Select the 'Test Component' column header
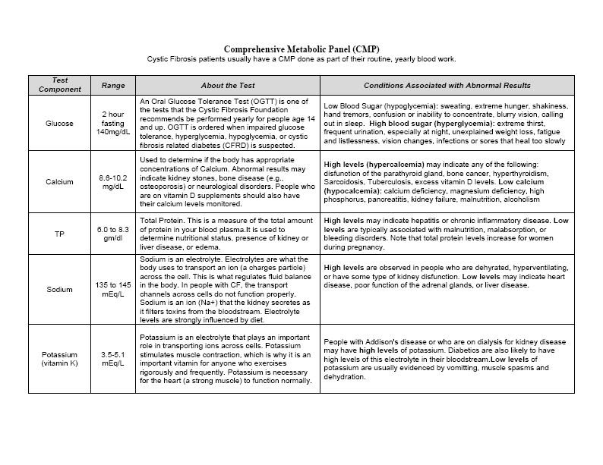pos(59,85)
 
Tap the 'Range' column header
pos(113,86)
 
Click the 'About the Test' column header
pos(227,86)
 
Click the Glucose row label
pos(59,124)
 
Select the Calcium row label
pos(59,182)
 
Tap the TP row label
pos(59,234)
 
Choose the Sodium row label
pos(59,290)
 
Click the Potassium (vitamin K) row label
pos(59,359)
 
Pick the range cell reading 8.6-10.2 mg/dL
pos(113,182)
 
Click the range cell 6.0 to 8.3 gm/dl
pos(113,234)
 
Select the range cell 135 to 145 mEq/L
pos(113,290)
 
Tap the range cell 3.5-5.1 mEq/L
pos(113,359)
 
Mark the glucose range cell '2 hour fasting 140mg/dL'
pos(113,124)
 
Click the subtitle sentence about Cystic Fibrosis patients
pos(301,59)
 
